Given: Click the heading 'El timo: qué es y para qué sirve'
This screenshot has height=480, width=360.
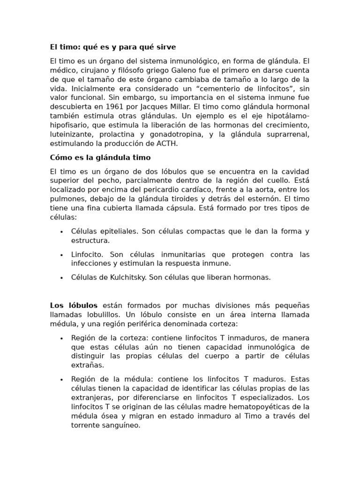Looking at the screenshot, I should click(x=113, y=47).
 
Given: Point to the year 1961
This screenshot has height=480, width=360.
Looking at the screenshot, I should click(x=112, y=106).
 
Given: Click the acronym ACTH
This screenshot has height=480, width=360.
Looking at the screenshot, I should click(x=167, y=143).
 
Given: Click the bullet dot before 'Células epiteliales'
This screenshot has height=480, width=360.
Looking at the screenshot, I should click(x=61, y=232).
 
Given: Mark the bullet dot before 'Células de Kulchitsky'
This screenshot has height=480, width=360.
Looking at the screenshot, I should click(x=61, y=277).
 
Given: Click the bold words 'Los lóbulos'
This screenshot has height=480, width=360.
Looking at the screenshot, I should click(x=74, y=306).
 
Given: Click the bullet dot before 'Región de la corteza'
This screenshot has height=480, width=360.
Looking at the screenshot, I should click(x=61, y=338).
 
